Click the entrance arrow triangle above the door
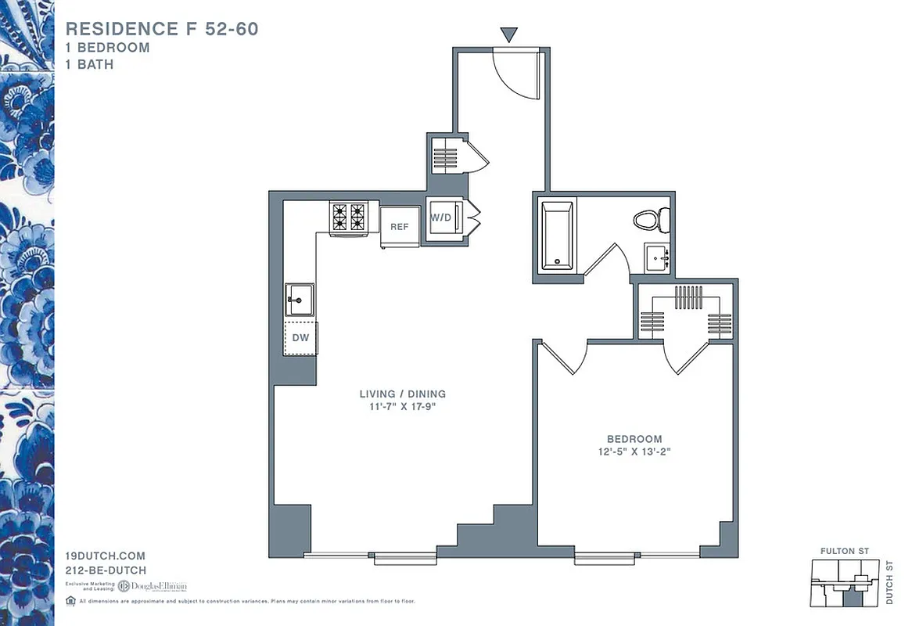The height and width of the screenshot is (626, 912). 509,34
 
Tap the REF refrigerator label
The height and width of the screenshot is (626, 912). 399,227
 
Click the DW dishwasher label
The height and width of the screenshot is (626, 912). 300,338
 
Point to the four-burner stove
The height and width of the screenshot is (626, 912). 348,217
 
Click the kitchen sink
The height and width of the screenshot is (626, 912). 299,299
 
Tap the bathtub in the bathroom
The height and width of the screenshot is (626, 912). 558,235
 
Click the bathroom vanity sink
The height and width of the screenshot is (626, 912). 657,257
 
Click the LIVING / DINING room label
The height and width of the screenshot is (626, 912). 403,394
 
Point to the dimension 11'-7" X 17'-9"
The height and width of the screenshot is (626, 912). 403,406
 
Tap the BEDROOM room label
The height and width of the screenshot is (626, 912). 634,439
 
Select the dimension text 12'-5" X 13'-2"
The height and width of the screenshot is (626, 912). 634,452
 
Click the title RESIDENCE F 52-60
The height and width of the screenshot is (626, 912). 162,29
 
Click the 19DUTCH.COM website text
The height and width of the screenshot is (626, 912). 106,556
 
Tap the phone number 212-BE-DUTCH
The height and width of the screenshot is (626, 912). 106,570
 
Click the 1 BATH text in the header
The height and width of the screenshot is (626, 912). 90,64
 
